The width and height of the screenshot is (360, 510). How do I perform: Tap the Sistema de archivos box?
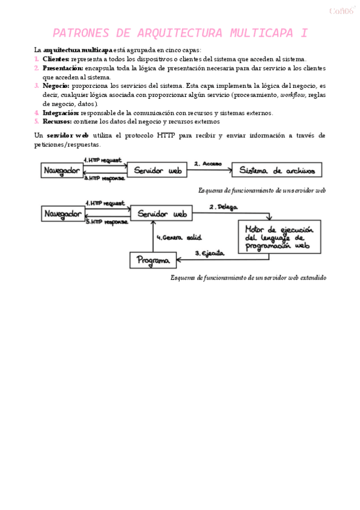(x=276, y=171)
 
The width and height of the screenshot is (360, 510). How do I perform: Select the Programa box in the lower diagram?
(x=154, y=260)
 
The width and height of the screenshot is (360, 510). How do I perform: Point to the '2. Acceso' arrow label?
(x=208, y=164)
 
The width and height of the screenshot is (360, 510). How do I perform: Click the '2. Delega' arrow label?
(x=223, y=207)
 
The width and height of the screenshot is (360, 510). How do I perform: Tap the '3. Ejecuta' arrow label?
(x=210, y=253)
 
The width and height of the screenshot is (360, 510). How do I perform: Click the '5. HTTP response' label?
(x=108, y=222)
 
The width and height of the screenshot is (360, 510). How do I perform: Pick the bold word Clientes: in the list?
(x=56, y=60)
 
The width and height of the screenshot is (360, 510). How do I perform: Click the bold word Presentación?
(x=63, y=69)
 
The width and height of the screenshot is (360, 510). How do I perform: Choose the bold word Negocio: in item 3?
(x=56, y=86)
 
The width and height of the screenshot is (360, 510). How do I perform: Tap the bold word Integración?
(x=61, y=112)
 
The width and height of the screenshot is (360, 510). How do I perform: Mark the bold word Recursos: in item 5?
(x=57, y=121)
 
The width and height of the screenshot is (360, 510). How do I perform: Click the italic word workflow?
(x=294, y=95)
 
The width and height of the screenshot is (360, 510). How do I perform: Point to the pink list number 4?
(x=37, y=112)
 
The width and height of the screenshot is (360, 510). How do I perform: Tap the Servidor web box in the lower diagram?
(x=162, y=214)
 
